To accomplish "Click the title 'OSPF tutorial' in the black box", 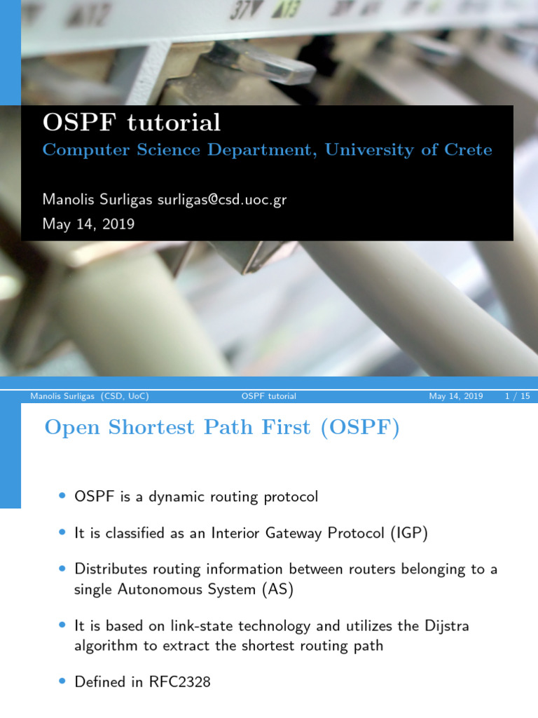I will tap(131, 123).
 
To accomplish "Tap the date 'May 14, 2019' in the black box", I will tap(88, 224).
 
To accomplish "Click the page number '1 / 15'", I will tap(517, 396).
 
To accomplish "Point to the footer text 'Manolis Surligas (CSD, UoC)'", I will tap(90, 396).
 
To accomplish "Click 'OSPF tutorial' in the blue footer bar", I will tap(268, 396).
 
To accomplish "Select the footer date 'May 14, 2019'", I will tap(456, 396).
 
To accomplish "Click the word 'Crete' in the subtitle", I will tap(468, 149).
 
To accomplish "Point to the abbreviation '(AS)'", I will tap(277, 589).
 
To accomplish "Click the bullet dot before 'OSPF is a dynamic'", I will tap(62, 497).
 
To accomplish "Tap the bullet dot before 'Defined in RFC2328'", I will tap(62, 682).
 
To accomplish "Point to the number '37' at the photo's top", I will tap(239, 12).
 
